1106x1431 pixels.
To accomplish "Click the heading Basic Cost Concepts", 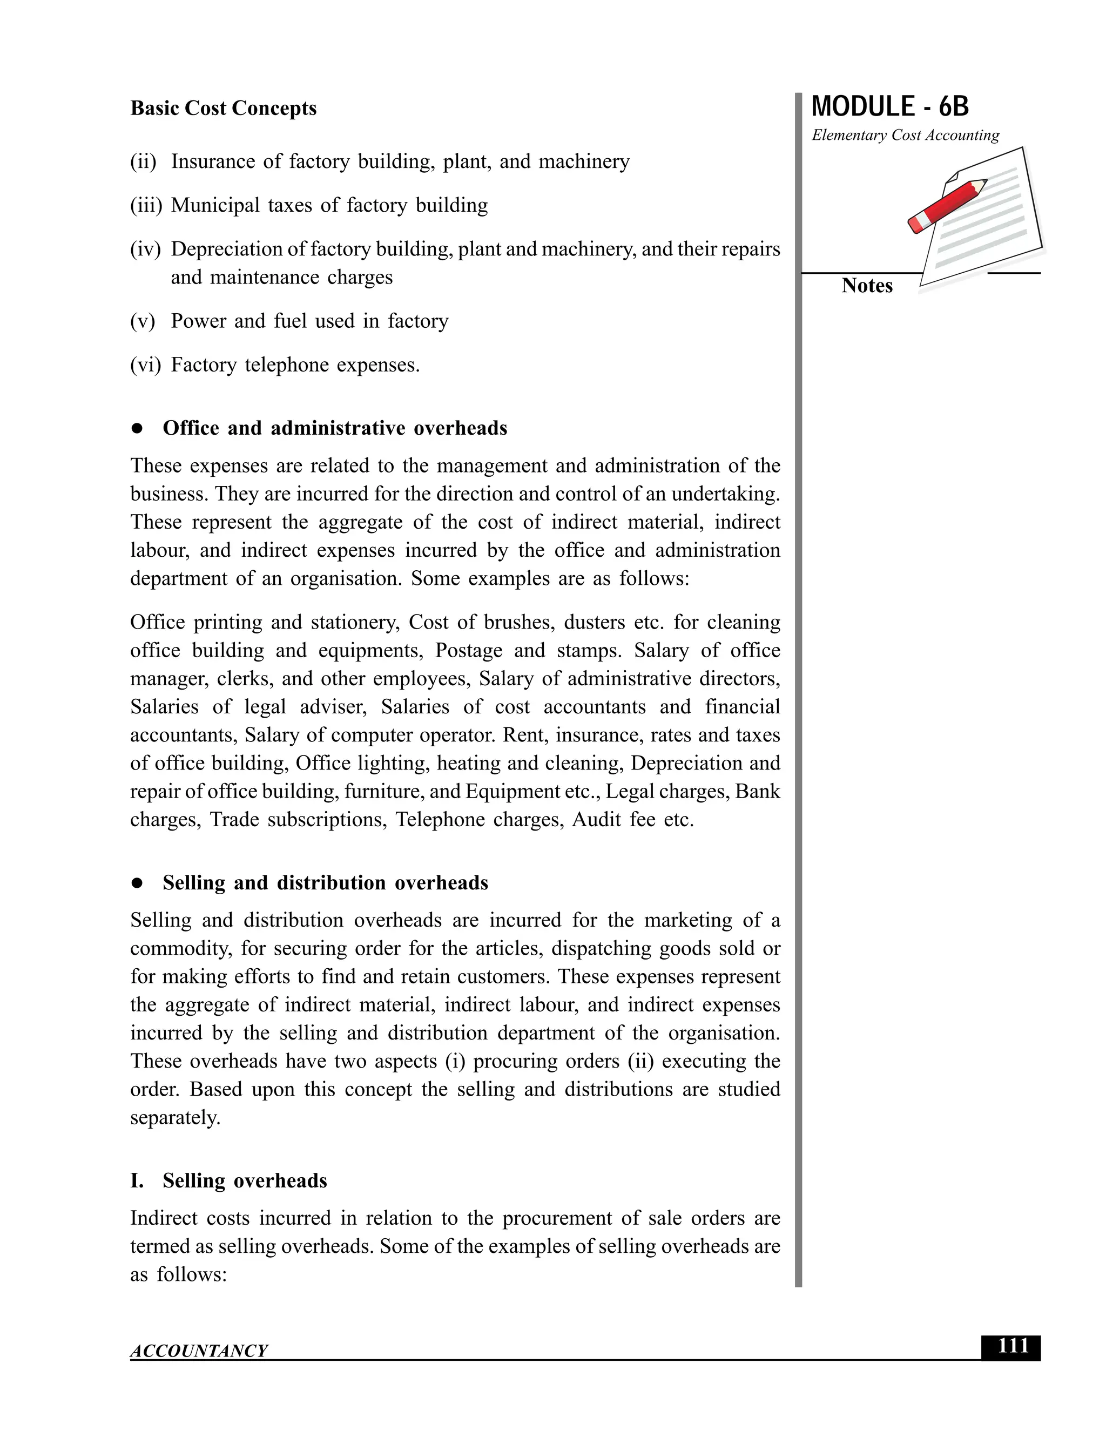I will [x=223, y=108].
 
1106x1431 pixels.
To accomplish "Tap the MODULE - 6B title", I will [x=890, y=107].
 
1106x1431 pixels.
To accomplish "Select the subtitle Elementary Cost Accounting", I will [x=905, y=135].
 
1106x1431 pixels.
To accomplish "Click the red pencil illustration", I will [x=947, y=206].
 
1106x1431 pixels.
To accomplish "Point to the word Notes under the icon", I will [x=866, y=286].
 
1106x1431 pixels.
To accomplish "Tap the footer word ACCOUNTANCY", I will [x=199, y=1351].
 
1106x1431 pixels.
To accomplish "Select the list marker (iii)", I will [x=145, y=206].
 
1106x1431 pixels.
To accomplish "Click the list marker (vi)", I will [x=145, y=365].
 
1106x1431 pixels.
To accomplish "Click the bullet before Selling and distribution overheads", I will [x=137, y=883].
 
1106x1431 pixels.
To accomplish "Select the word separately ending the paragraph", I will [x=175, y=1118].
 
